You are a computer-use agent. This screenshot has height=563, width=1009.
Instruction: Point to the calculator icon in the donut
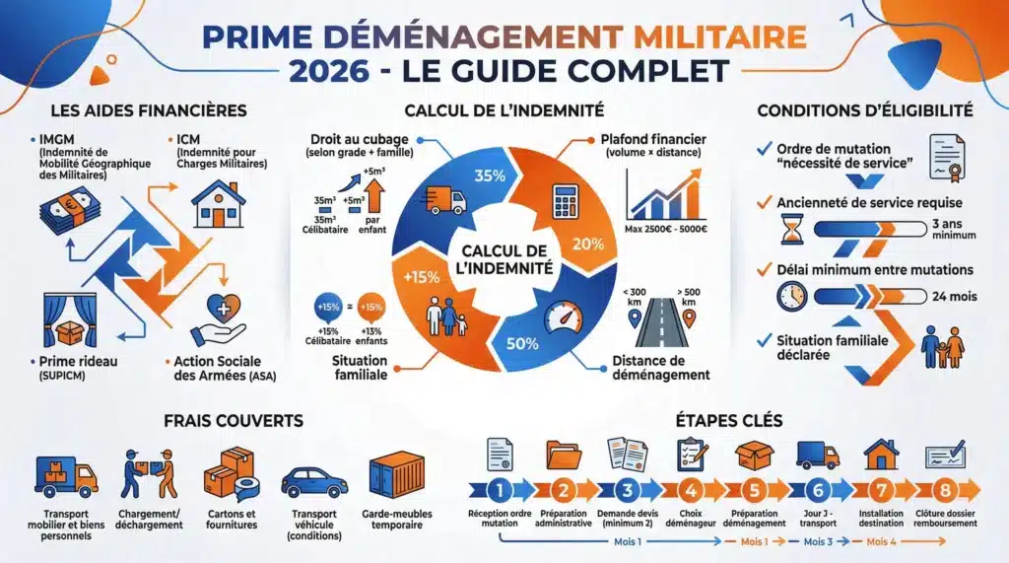point(566,200)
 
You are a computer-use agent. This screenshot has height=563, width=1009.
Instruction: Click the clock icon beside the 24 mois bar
point(791,295)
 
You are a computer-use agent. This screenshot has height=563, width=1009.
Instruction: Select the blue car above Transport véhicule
point(314,482)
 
